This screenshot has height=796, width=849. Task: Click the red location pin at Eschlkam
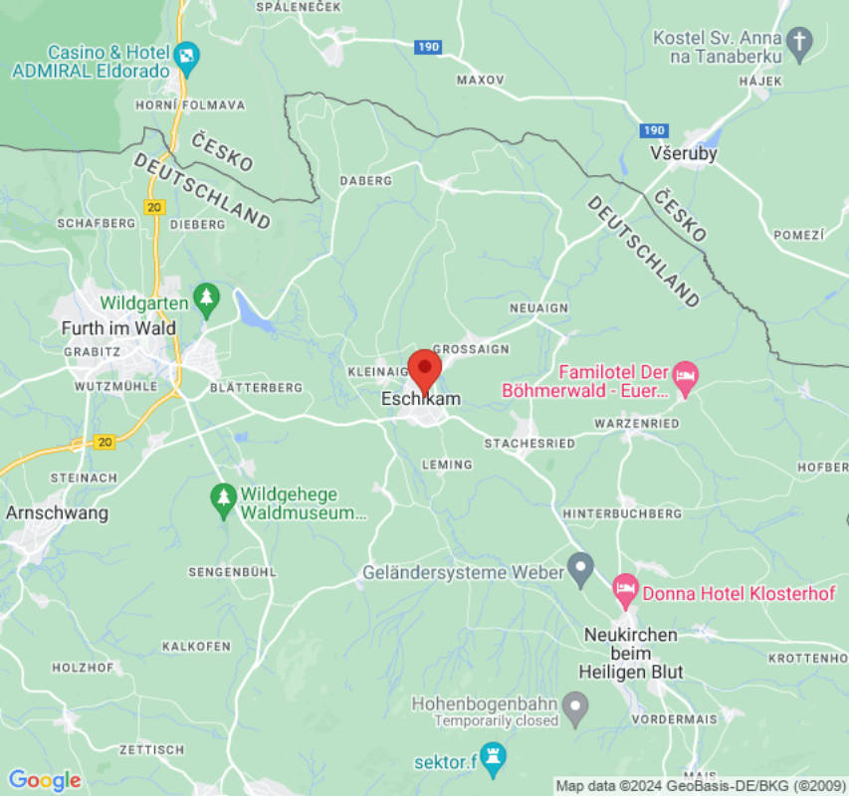[425, 370]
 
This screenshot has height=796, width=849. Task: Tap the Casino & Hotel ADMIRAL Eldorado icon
[186, 54]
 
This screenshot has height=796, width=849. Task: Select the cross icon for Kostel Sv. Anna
[799, 41]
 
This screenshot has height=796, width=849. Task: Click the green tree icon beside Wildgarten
[206, 297]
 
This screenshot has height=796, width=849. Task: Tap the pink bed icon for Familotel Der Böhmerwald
[686, 375]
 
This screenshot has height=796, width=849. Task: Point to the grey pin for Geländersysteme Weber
[579, 568]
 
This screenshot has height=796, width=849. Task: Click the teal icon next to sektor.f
[493, 753]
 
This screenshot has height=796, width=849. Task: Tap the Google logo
[44, 780]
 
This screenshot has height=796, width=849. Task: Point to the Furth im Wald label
[118, 328]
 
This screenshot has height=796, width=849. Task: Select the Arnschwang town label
[57, 513]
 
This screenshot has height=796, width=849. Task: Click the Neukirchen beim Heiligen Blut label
[630, 654]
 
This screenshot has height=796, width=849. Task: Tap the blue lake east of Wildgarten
[254, 313]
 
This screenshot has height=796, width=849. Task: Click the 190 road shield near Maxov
[428, 47]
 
